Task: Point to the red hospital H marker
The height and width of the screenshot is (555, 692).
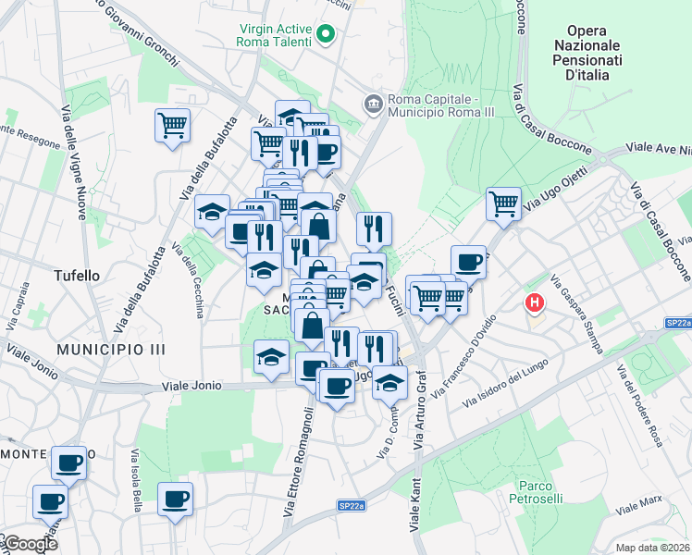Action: (x=534, y=302)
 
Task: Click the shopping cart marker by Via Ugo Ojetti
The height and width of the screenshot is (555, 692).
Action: (x=503, y=203)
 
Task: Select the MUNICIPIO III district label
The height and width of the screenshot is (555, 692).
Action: (x=110, y=349)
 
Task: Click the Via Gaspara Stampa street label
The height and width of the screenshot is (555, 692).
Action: (x=577, y=313)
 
